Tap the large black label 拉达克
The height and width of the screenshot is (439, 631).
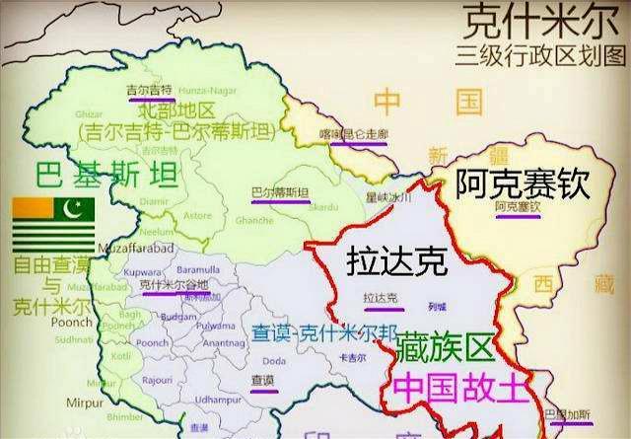tap(396, 260)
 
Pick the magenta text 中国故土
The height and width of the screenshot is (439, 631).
tap(456, 385)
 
